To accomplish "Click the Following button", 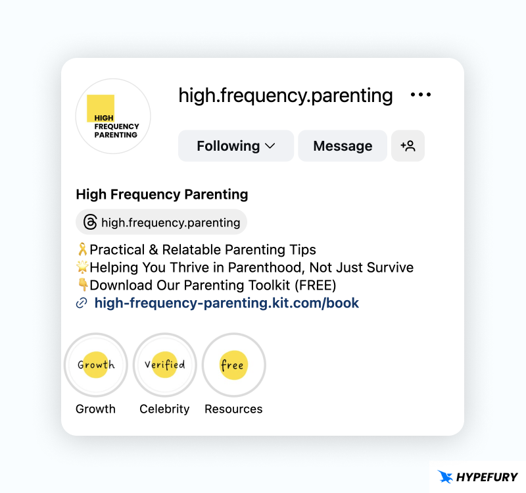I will (x=235, y=146).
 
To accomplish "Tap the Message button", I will (x=343, y=146).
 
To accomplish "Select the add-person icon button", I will (x=408, y=146).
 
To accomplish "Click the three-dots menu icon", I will (x=421, y=95).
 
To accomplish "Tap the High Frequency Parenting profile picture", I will (x=113, y=117).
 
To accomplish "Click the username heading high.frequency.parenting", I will (x=285, y=95).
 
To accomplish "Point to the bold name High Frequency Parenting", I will (x=162, y=195).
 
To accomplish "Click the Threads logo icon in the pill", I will (x=90, y=222).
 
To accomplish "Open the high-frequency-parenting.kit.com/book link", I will (x=227, y=303).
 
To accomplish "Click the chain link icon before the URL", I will (x=82, y=303).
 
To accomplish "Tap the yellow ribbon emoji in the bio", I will (x=83, y=250).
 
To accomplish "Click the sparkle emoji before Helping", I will (x=83, y=268).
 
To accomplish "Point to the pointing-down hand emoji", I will (x=83, y=286).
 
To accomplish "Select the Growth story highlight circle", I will (x=96, y=365).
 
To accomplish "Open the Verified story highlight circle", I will (x=164, y=365).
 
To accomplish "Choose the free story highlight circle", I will (x=233, y=365).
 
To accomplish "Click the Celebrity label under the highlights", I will (x=164, y=409).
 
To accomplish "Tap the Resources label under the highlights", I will (x=233, y=409).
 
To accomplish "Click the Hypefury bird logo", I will (x=446, y=477).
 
